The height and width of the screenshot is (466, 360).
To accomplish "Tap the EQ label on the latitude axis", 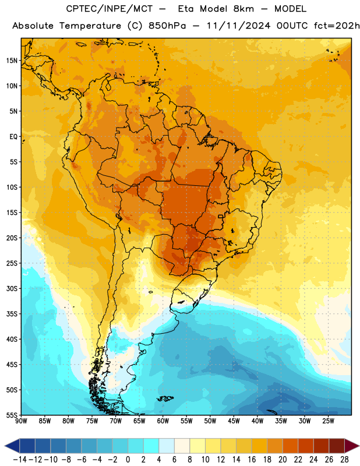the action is tap(13, 137).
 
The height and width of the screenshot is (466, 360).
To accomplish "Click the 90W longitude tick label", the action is tap(21, 421).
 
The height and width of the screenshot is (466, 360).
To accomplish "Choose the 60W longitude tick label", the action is tap(163, 421).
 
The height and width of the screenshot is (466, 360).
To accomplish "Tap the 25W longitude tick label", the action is tap(328, 421).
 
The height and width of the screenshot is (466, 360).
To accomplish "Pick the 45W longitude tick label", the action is tap(234, 421).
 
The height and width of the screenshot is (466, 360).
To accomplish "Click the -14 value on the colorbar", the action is tap(20, 460).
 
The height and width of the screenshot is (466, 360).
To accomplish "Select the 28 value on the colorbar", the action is tap(344, 460).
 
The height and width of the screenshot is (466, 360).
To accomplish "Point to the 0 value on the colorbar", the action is tap(128, 460).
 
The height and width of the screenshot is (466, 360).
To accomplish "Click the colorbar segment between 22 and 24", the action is tap(306, 446).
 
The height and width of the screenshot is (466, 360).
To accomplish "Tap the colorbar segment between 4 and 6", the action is tap(167, 446).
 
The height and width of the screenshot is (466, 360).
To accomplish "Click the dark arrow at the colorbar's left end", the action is tap(12, 446).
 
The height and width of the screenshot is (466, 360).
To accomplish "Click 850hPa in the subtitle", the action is tap(167, 26).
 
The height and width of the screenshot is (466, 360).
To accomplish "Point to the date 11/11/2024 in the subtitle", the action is tap(238, 26).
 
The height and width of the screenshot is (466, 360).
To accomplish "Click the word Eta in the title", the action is tap(186, 9).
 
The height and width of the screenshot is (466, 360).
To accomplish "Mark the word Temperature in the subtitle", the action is tap(90, 26).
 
